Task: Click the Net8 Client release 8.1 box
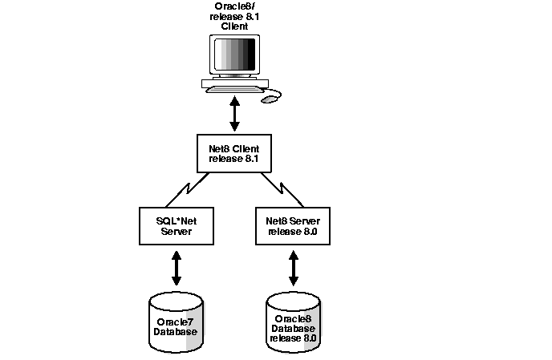(234, 153)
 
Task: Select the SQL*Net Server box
(177, 226)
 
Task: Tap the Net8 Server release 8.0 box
(293, 226)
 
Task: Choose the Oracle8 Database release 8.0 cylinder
(293, 324)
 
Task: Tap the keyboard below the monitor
(234, 87)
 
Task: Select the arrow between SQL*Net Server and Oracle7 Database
(177, 268)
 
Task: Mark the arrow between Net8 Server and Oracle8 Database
(294, 268)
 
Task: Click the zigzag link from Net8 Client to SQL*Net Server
(195, 189)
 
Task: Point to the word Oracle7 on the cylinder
(175, 322)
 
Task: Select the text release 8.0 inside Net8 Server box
(293, 232)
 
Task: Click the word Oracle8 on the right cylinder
(293, 318)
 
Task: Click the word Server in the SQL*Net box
(177, 232)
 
